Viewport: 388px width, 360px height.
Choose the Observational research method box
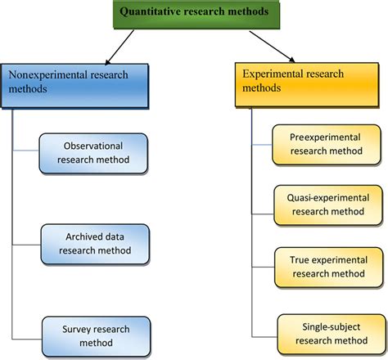(95, 152)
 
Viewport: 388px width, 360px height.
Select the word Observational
(95, 145)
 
